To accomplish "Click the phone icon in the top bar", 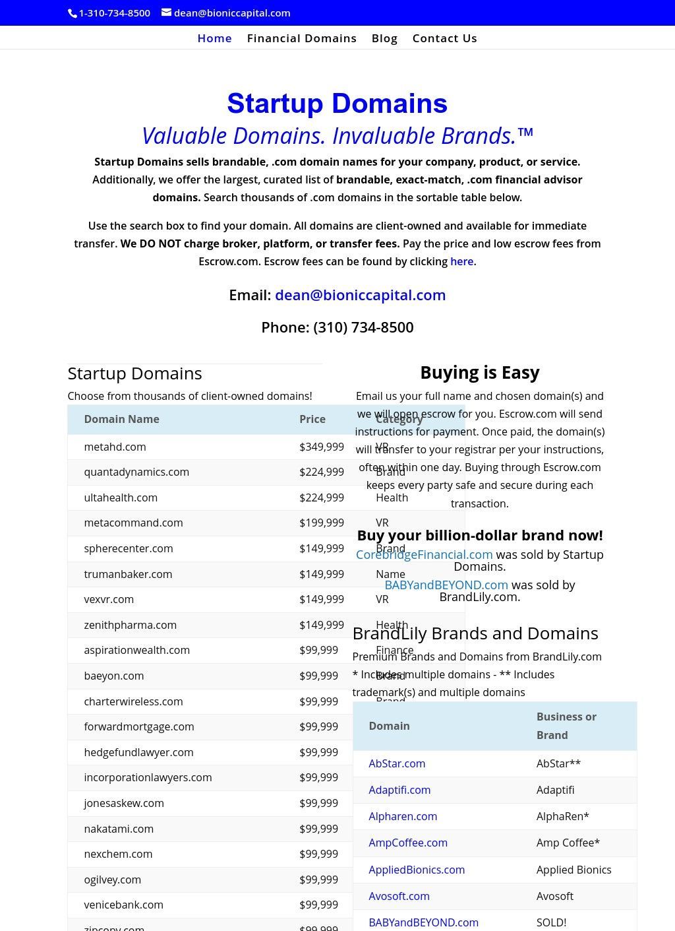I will pyautogui.click(x=73, y=13).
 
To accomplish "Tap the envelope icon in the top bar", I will pyautogui.click(x=166, y=13).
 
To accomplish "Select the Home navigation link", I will pyautogui.click(x=214, y=38).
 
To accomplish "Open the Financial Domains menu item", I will pyautogui.click(x=301, y=38).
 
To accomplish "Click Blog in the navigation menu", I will pyautogui.click(x=384, y=38).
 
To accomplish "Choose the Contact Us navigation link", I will pyautogui.click(x=444, y=38).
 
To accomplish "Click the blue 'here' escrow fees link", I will pyautogui.click(x=461, y=261).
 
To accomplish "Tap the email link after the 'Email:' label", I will pyautogui.click(x=360, y=295).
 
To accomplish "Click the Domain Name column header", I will pyautogui.click(x=121, y=419).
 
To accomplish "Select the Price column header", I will pyautogui.click(x=312, y=419).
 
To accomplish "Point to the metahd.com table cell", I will pyautogui.click(x=115, y=447).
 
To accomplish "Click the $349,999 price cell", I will pyautogui.click(x=322, y=447).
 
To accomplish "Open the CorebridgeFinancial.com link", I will pyautogui.click(x=424, y=554).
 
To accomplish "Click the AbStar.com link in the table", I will pyautogui.click(x=397, y=763).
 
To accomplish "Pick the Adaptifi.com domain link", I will pyautogui.click(x=399, y=790).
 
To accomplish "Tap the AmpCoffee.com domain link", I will pyautogui.click(x=408, y=843).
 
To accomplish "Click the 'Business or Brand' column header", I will pyautogui.click(x=566, y=726).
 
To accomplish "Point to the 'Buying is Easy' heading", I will pyautogui.click(x=480, y=373).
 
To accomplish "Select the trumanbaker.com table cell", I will pyautogui.click(x=128, y=574).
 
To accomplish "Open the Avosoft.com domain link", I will pyautogui.click(x=399, y=896).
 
